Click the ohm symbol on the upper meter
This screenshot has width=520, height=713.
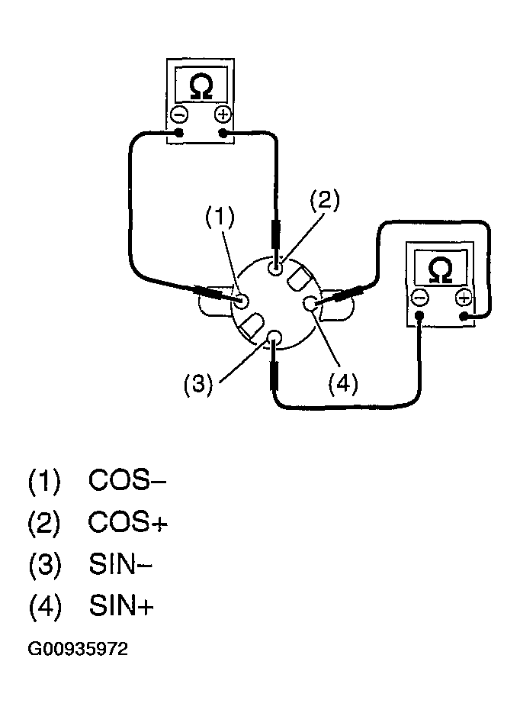[201, 87]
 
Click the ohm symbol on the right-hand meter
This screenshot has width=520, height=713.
[440, 272]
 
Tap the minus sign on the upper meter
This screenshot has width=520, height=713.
[179, 115]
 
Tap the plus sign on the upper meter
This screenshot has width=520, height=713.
[223, 115]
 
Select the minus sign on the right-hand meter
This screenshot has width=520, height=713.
[419, 298]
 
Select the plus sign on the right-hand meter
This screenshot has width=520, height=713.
[463, 298]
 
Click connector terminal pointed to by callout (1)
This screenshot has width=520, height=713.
[242, 301]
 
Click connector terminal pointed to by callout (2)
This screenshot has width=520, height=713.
[275, 268]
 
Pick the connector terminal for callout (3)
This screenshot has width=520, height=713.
[274, 338]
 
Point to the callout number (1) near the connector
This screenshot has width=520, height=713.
[220, 217]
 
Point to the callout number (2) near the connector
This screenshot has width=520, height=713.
[325, 201]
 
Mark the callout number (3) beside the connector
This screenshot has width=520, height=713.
[198, 385]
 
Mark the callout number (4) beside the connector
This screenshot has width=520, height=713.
[343, 384]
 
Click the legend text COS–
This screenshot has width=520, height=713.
[127, 480]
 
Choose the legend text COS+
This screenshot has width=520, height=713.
[128, 521]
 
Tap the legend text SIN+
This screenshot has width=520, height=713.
[121, 605]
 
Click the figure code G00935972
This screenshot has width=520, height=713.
[78, 649]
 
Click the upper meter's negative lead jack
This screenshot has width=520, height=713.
[179, 134]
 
